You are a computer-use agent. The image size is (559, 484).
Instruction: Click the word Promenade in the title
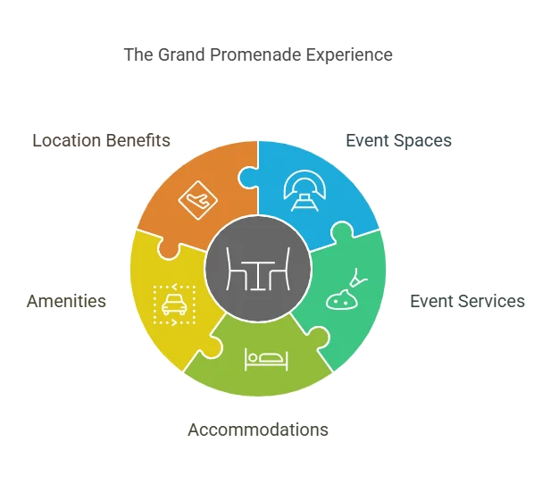click(x=255, y=54)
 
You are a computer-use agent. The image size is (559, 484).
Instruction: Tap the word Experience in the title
click(x=349, y=54)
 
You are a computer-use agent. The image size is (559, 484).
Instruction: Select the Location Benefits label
click(x=101, y=140)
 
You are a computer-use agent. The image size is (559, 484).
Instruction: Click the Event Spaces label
click(x=398, y=141)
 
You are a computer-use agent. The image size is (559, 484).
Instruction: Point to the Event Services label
click(x=467, y=301)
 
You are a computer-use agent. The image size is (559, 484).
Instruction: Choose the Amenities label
click(x=66, y=301)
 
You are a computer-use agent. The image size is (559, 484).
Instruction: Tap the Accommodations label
click(x=258, y=430)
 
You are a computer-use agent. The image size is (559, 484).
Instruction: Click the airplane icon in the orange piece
click(x=197, y=200)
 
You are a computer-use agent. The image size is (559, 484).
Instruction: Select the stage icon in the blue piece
click(x=305, y=191)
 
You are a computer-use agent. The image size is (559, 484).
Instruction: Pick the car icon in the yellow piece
click(x=174, y=305)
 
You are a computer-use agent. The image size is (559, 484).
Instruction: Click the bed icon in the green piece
click(x=266, y=359)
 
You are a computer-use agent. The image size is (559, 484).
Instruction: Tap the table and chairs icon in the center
click(x=258, y=269)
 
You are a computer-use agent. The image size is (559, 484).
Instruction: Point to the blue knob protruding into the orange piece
click(x=247, y=178)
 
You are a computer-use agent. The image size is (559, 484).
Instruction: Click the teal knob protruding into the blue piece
click(x=342, y=231)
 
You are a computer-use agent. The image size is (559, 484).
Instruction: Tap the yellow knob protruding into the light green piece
click(x=213, y=346)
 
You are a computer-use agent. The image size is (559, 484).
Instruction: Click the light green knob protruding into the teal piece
click(x=319, y=337)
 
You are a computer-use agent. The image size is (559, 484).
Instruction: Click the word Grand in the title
click(x=181, y=54)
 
